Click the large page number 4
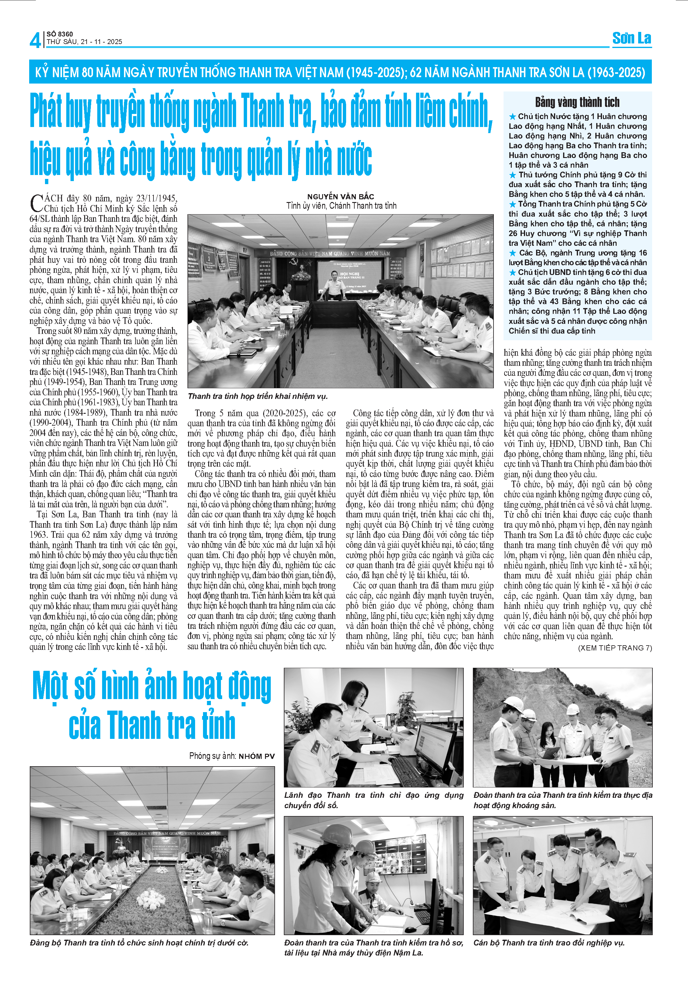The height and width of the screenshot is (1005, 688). pyautogui.click(x=35, y=40)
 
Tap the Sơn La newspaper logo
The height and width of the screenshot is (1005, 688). pyautogui.click(x=631, y=39)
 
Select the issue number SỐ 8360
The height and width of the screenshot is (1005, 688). pyautogui.click(x=60, y=34)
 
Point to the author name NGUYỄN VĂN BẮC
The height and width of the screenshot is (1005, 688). pyautogui.click(x=341, y=196)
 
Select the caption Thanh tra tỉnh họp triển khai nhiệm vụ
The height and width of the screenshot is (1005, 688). pyautogui.click(x=258, y=396)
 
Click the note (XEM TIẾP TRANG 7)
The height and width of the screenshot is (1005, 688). pyautogui.click(x=615, y=648)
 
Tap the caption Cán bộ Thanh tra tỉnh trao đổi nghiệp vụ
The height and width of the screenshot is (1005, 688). pyautogui.click(x=549, y=942)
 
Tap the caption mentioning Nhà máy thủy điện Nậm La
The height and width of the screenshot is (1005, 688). pyautogui.click(x=373, y=948)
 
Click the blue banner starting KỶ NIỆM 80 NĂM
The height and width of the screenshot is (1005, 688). pyautogui.click(x=340, y=72)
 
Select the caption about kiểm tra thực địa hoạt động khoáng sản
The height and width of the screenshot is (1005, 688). pyautogui.click(x=562, y=800)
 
